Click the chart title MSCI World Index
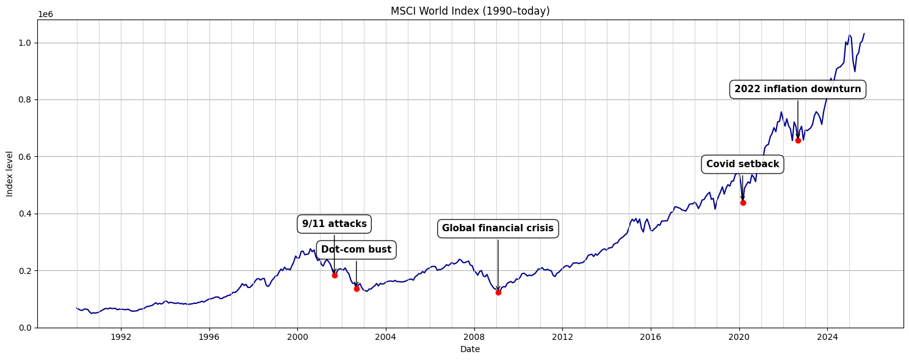click(470, 11)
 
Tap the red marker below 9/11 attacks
click(335, 275)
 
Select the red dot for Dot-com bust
click(357, 289)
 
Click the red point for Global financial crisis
click(498, 292)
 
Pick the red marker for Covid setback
click(743, 203)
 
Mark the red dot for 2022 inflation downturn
click(798, 140)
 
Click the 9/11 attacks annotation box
click(335, 224)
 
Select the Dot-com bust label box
click(357, 250)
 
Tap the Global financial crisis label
click(498, 228)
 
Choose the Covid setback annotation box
click(742, 164)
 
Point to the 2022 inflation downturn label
click(797, 89)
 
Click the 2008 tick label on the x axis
click(474, 337)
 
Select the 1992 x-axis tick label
click(121, 337)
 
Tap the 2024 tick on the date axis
click(827, 337)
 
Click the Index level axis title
click(10, 174)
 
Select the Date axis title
click(470, 350)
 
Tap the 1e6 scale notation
click(45, 14)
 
